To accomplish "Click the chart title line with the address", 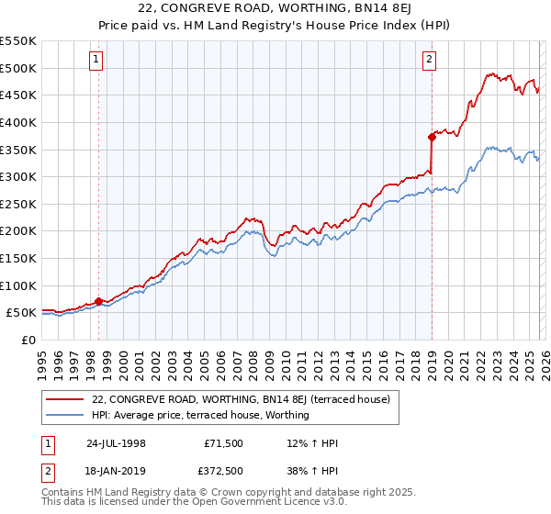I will [275, 9].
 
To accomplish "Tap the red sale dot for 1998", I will [98, 301].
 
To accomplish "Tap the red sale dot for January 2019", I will [431, 138].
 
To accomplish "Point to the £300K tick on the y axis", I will [21, 176].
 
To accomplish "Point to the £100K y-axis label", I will [21, 285].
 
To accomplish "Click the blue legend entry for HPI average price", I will [200, 415].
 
